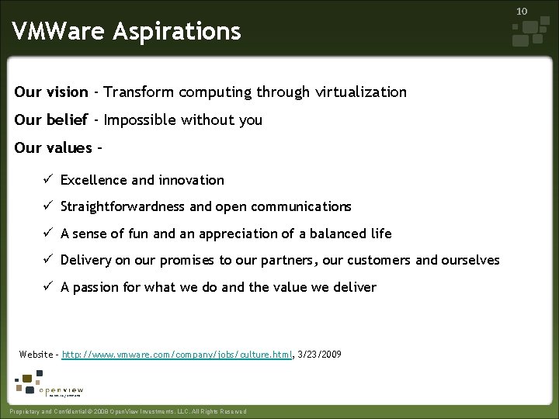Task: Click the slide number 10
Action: pos(522,12)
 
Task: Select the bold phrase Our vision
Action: pos(51,92)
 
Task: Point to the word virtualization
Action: pos(361,92)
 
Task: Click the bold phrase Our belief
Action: pos(50,120)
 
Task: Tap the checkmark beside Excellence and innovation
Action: pos(47,180)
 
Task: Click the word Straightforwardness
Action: pos(123,207)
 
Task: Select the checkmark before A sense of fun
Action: pos(47,234)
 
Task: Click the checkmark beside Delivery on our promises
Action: pos(47,260)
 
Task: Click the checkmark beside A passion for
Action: pos(47,287)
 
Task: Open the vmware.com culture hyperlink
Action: pos(178,355)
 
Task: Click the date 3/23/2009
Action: pos(319,355)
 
